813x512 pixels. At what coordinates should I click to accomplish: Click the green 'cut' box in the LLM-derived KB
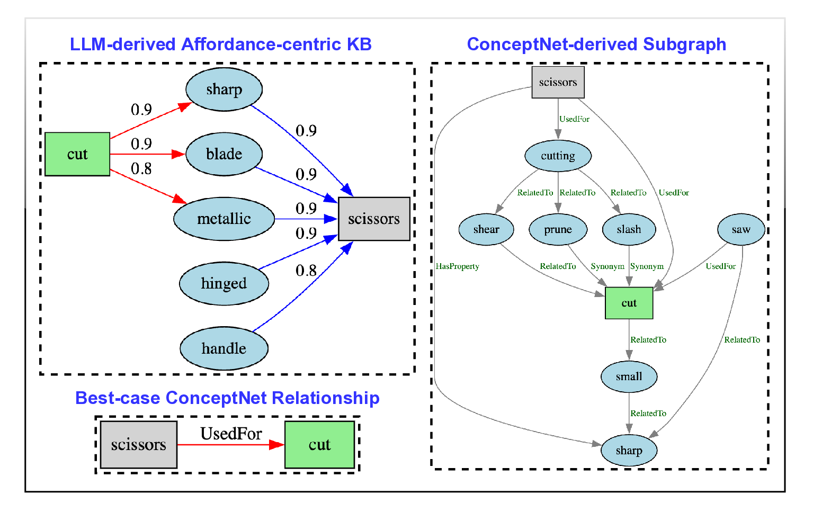tap(77, 154)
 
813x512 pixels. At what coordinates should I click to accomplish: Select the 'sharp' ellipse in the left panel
tap(224, 89)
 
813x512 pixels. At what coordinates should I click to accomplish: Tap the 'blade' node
tap(224, 154)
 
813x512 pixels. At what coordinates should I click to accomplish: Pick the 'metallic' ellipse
tap(224, 219)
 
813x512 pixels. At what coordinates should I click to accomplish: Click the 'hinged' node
tap(224, 284)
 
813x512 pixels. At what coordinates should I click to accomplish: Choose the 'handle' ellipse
tap(224, 348)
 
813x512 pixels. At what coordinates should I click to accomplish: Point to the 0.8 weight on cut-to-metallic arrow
tap(141, 169)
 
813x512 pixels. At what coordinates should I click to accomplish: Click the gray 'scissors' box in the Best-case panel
tap(139, 445)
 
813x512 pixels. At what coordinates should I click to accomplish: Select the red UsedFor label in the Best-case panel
tap(231, 434)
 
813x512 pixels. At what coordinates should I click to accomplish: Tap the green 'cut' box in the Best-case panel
tap(319, 445)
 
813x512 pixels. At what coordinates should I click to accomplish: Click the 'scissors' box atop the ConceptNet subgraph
tap(558, 82)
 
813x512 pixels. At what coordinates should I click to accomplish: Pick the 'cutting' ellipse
tap(558, 156)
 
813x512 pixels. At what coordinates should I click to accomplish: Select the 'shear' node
tap(486, 229)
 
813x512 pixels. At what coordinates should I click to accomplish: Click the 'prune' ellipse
tap(558, 229)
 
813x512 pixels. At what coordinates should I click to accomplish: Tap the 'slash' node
tap(629, 229)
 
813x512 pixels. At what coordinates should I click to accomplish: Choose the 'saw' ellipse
tap(741, 229)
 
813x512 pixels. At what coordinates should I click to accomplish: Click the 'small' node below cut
tap(629, 376)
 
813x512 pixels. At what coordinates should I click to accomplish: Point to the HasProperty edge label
tap(458, 266)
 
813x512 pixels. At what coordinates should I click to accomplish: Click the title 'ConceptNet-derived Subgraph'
tap(596, 44)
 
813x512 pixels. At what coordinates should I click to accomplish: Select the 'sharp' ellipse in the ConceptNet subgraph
tap(629, 451)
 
